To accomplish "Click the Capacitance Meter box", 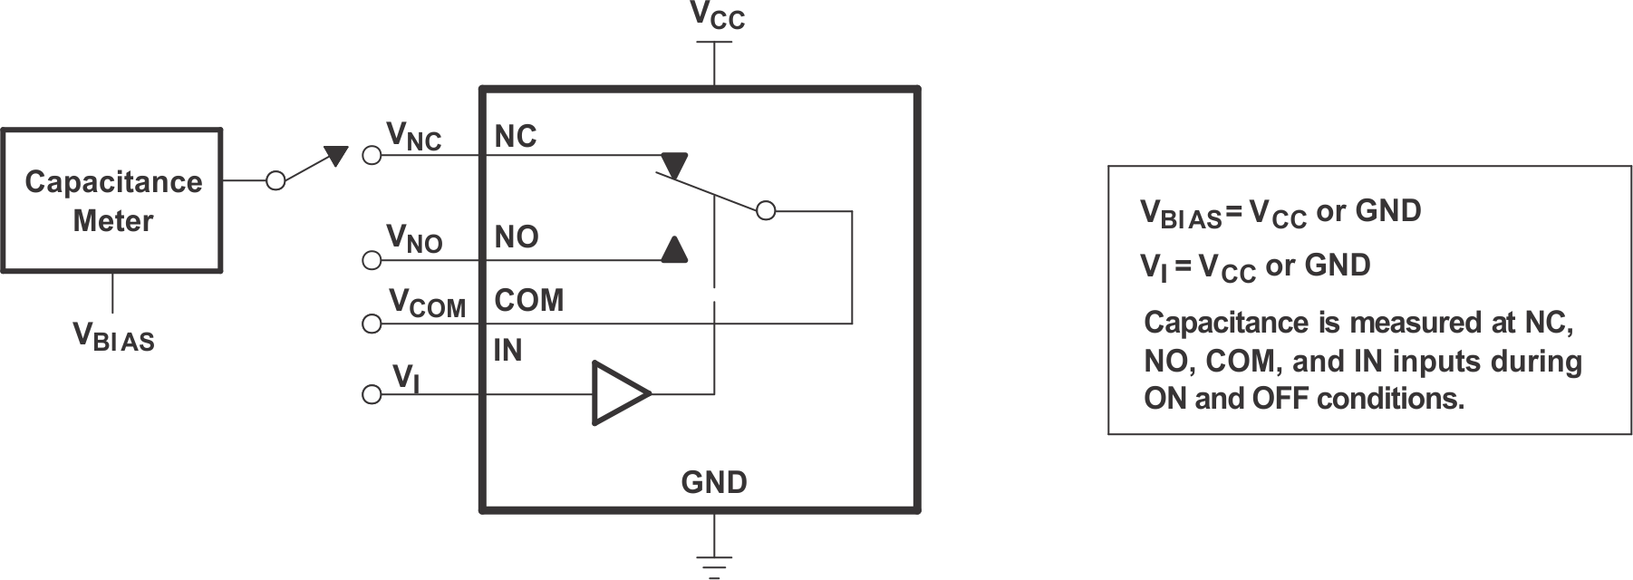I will [111, 200].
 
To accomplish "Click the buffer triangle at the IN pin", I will [620, 393].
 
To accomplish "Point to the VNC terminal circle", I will [371, 155].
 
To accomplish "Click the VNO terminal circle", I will [371, 261].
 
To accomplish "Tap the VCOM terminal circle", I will [371, 324].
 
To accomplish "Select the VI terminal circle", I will [371, 394].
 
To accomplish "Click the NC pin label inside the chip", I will [515, 137].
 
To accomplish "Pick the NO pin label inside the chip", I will [516, 237].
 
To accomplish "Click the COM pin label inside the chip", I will [528, 300].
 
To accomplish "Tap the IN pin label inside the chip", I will [507, 351].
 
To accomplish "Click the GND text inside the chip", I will [714, 482].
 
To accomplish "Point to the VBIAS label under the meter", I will [113, 337].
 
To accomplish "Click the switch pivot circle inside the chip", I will [766, 211].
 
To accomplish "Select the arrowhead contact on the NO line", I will [673, 249].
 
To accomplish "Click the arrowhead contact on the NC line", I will [674, 165].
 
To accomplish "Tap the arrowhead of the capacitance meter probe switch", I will [336, 155].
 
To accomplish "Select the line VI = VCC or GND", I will [1254, 266].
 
